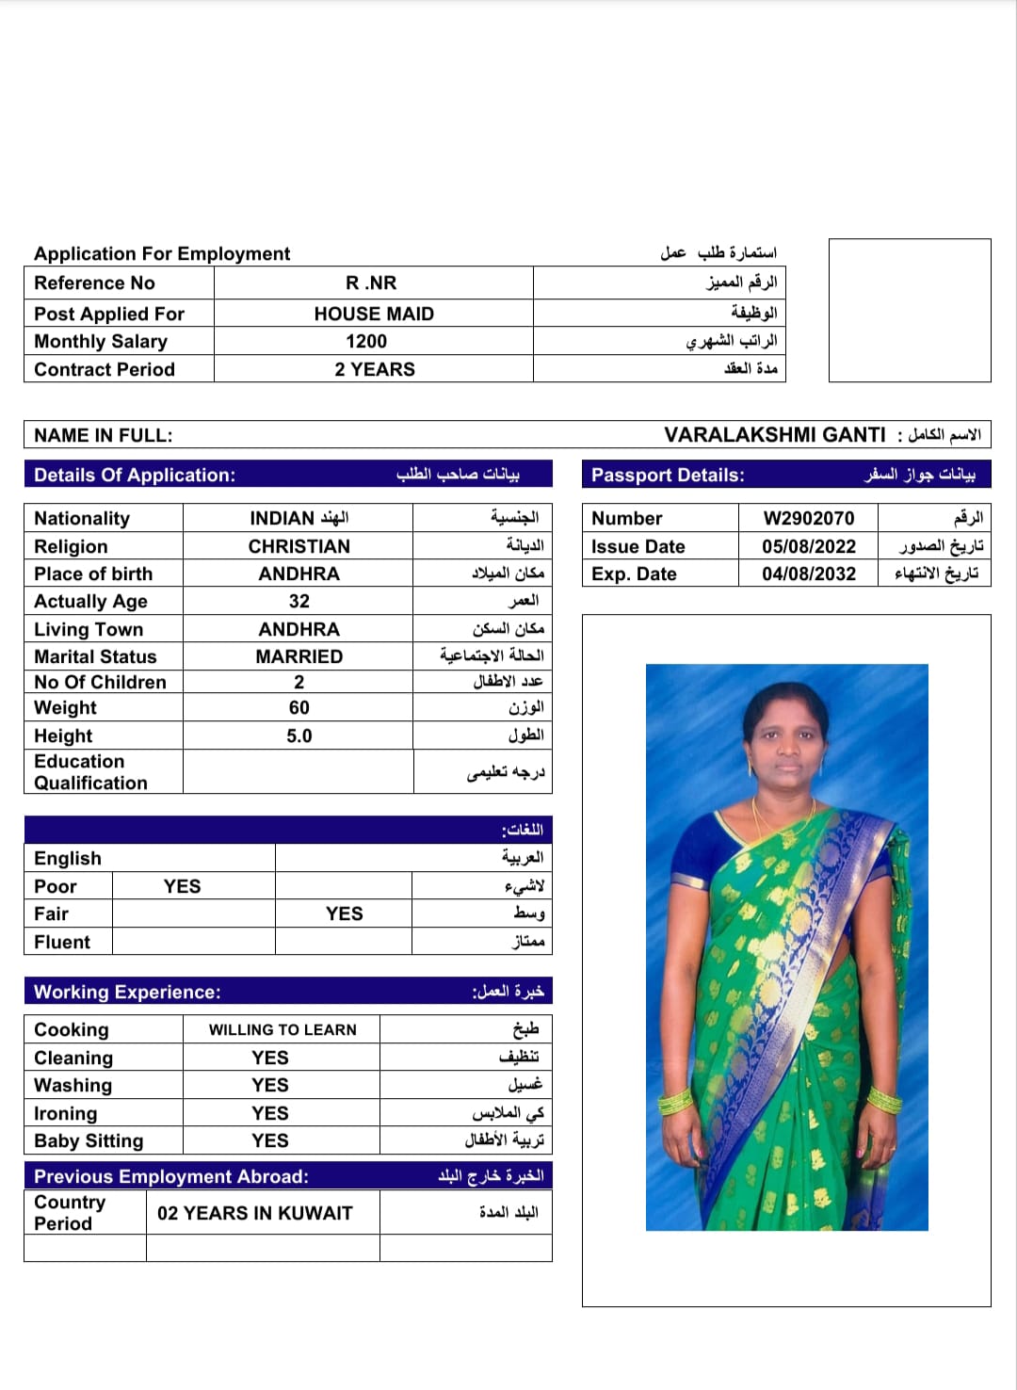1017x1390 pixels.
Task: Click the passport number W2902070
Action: point(809,518)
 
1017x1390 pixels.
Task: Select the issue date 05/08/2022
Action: point(809,546)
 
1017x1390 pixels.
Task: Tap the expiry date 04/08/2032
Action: point(809,574)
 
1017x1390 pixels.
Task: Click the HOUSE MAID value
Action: point(374,314)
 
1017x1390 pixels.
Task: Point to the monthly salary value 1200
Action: point(366,341)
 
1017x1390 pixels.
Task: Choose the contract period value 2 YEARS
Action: point(374,369)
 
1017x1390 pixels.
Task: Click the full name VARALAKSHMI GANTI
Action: point(774,435)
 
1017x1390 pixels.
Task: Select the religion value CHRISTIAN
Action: point(299,546)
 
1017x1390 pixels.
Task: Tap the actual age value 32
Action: point(299,601)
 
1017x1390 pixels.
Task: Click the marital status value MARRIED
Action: point(299,656)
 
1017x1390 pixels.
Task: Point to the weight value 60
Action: point(299,707)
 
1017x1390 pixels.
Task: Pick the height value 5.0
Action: point(299,735)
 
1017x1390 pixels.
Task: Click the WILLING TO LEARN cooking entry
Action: point(282,1030)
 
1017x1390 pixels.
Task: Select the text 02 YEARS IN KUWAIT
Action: point(254,1213)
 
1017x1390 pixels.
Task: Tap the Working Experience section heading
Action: point(127,992)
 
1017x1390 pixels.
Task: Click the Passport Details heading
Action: point(668,476)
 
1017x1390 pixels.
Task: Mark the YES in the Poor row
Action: point(182,886)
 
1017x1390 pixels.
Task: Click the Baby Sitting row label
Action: point(89,1140)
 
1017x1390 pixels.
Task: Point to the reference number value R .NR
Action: point(371,283)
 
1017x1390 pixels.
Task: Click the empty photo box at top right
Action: point(910,310)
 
